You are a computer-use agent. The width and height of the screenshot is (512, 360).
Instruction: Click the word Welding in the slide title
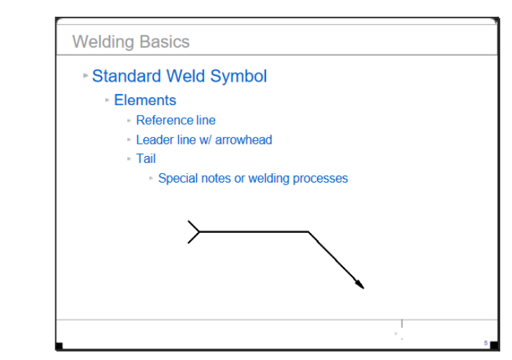pos(103,42)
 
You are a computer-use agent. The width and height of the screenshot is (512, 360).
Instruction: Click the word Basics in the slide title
pos(165,42)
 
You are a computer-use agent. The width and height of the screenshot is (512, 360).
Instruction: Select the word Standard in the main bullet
pos(127,76)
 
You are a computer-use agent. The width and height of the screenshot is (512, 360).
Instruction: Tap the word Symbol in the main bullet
pos(238,77)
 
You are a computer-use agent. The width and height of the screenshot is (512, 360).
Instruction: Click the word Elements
pos(145,100)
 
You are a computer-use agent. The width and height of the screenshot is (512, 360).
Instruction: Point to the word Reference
pos(164,120)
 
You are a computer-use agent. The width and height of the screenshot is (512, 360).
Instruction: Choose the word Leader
pos(155,139)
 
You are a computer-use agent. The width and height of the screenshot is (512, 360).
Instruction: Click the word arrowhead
pos(243,139)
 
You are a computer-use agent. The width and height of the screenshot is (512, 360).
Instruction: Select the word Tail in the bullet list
pos(146,159)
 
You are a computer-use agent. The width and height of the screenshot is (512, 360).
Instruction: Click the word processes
pos(320,179)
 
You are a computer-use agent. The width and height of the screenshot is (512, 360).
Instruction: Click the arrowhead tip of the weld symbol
pos(364,289)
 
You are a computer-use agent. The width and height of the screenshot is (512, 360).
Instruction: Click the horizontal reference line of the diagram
pos(254,231)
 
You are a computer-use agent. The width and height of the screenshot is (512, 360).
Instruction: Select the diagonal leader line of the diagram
pos(336,260)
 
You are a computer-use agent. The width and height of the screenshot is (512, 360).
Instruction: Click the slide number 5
pos(485,343)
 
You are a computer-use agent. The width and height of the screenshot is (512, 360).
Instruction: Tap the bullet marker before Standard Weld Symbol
pos(86,75)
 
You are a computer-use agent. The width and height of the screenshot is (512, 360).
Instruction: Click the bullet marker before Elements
pos(106,100)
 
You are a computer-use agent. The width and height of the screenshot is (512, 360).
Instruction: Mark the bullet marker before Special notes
pos(151,178)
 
